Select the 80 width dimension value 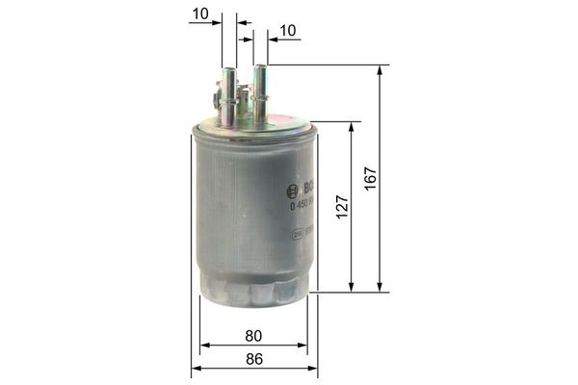253,337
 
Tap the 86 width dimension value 253,358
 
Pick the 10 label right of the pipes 287,32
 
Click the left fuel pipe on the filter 229,96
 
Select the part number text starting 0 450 302,204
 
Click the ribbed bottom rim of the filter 252,289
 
